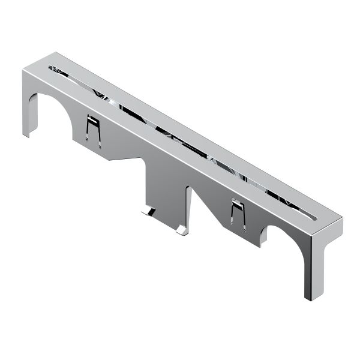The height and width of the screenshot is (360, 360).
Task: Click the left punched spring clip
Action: (x=92, y=128)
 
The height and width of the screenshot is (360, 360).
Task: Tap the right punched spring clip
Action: (x=237, y=214)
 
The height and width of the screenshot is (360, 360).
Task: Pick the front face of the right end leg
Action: (x=311, y=264)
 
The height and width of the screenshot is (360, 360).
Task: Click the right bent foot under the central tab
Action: (x=181, y=230)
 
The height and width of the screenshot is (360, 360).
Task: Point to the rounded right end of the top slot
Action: (x=318, y=215)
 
